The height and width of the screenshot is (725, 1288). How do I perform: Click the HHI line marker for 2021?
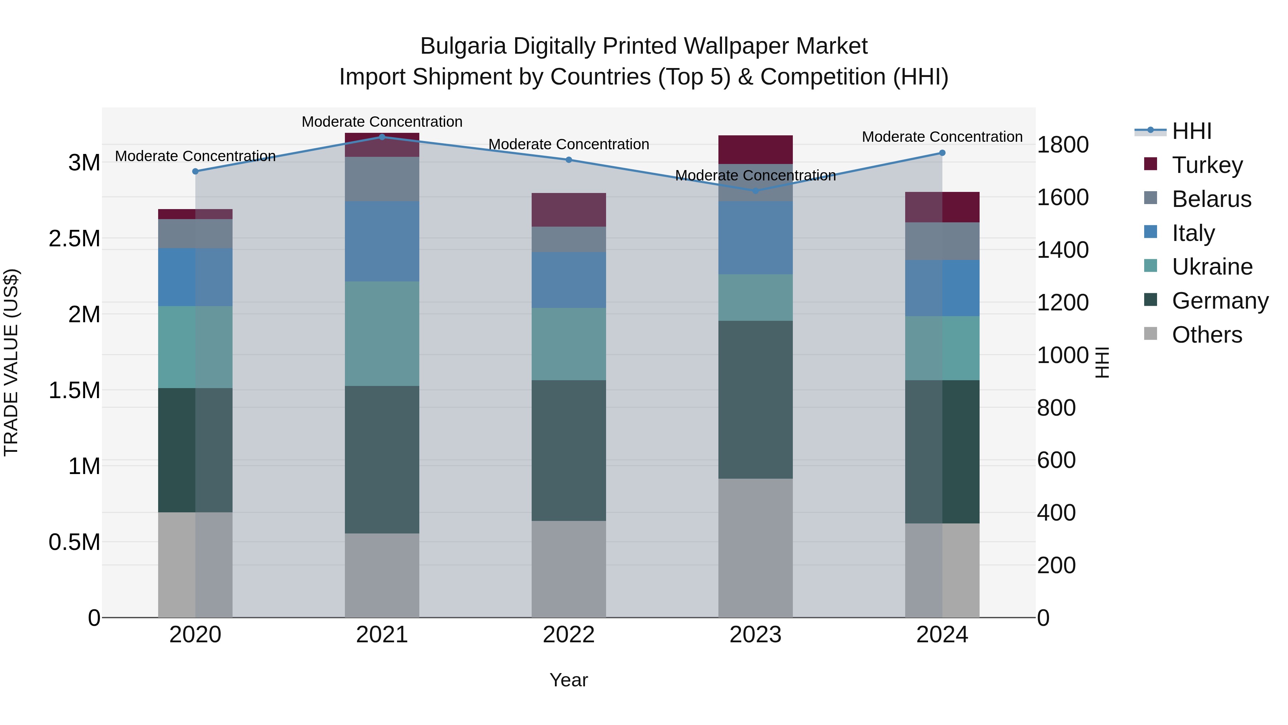tap(382, 137)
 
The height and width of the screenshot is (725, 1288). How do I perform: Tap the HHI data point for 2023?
tap(756, 190)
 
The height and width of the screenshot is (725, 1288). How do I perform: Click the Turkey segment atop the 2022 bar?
tap(569, 210)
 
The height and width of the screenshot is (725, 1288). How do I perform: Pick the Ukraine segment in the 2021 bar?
tap(382, 333)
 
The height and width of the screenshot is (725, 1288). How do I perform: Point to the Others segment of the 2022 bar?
tap(569, 569)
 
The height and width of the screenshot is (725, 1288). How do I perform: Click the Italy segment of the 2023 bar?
tap(756, 238)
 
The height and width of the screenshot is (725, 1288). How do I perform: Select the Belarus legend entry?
tap(1211, 199)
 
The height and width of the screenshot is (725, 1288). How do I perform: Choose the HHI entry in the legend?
tap(1191, 131)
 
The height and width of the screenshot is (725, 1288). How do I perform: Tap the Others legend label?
tap(1206, 335)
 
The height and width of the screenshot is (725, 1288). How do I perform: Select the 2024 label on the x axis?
tap(942, 634)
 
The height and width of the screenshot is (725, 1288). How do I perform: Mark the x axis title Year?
tap(569, 680)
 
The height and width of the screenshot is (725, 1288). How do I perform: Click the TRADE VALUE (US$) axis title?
tap(11, 362)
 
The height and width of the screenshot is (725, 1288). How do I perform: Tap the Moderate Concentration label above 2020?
tap(195, 156)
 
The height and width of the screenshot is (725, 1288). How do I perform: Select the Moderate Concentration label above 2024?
tap(942, 137)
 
